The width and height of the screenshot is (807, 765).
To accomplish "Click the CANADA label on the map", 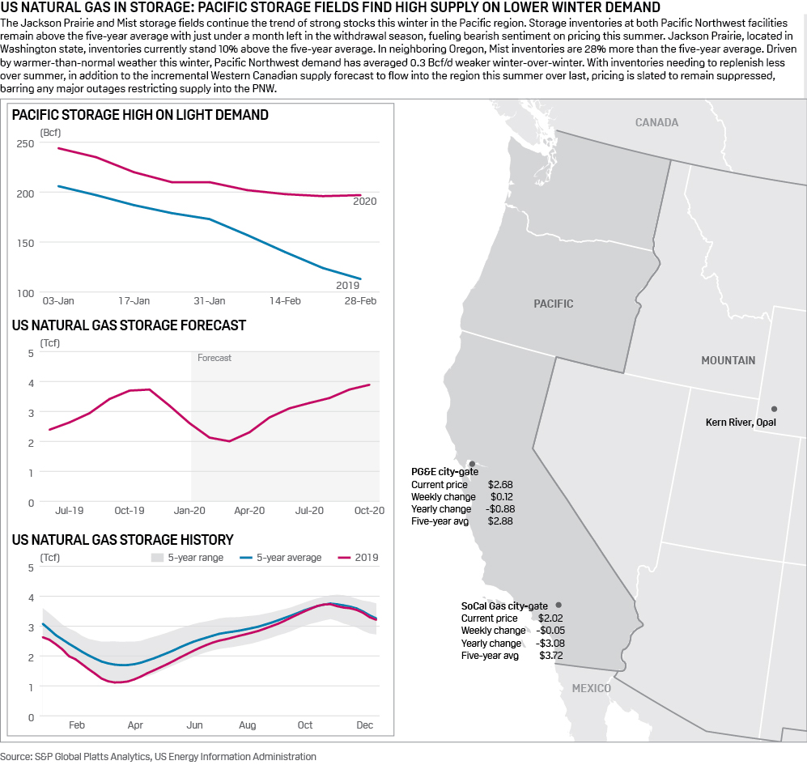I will [656, 123].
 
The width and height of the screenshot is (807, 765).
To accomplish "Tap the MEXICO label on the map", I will [591, 688].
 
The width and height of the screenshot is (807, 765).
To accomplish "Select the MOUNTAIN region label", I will [728, 360].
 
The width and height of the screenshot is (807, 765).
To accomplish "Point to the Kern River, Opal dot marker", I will [774, 409].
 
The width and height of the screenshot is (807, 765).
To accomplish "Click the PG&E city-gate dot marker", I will [473, 464].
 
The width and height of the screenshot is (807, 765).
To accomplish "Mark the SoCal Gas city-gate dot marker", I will [559, 605].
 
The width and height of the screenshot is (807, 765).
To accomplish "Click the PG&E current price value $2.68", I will [501, 484].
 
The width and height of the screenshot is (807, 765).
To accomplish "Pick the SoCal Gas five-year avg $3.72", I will [551, 656].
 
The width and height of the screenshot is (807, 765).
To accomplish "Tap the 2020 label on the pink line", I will [365, 202].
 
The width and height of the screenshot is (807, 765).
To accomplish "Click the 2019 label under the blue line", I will [347, 286].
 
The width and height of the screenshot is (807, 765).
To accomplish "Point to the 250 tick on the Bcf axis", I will [25, 143].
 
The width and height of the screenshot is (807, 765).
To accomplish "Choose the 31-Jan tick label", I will [210, 301].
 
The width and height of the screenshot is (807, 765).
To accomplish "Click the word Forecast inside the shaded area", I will [214, 358].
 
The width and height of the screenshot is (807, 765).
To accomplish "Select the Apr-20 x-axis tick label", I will [249, 511].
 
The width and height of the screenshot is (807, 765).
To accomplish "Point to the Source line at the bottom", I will [159, 756].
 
